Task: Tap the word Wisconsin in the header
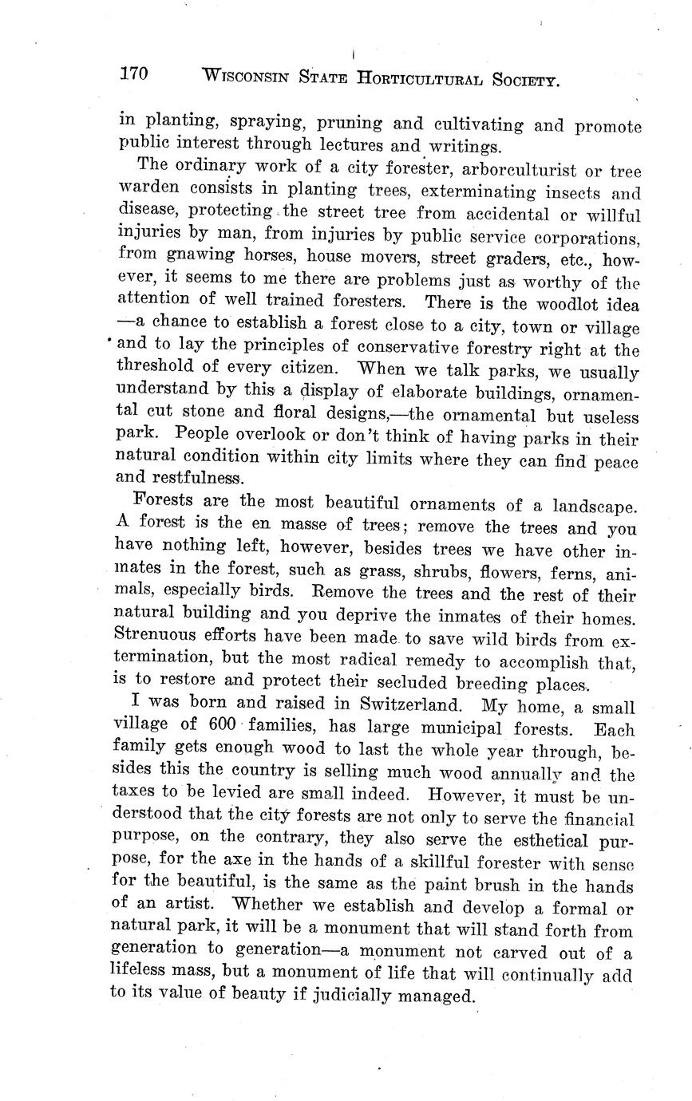(x=243, y=77)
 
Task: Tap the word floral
(x=292, y=414)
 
